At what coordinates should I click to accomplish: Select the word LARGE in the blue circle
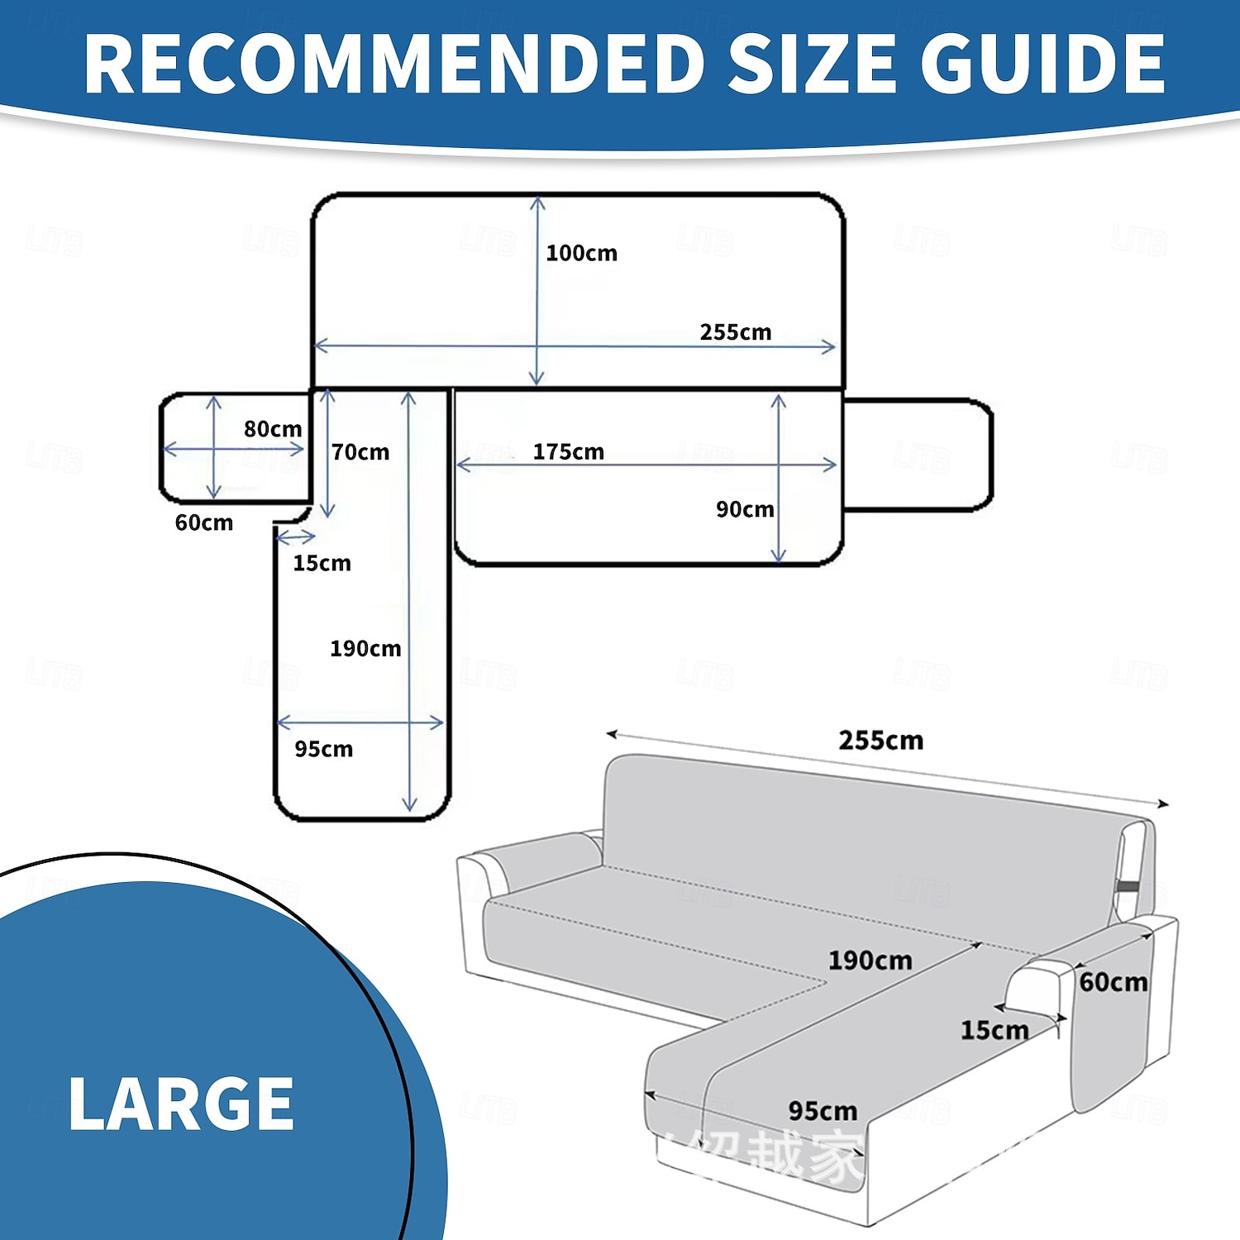pos(181,1104)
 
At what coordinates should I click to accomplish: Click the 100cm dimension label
pos(581,253)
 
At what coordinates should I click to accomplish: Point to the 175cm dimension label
pos(568,452)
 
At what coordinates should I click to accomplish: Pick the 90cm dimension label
pos(745,509)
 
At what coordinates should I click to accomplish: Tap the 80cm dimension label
pos(273,429)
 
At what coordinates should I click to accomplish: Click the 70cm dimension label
pos(360,452)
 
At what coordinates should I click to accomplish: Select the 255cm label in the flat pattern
pos(735,332)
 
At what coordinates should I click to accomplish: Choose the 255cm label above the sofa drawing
pos(880,741)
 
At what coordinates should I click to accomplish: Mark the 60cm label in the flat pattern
pos(204,523)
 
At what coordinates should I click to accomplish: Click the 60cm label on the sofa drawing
pos(1113,982)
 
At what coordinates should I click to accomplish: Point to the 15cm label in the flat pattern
pos(322,564)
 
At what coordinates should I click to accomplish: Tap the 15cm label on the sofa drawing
pos(994,1030)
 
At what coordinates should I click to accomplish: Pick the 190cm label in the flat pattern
pos(365,649)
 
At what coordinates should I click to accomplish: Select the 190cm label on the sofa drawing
pos(870,961)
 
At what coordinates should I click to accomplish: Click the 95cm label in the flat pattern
pos(323,750)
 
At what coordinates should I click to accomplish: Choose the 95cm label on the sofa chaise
pos(823,1111)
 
